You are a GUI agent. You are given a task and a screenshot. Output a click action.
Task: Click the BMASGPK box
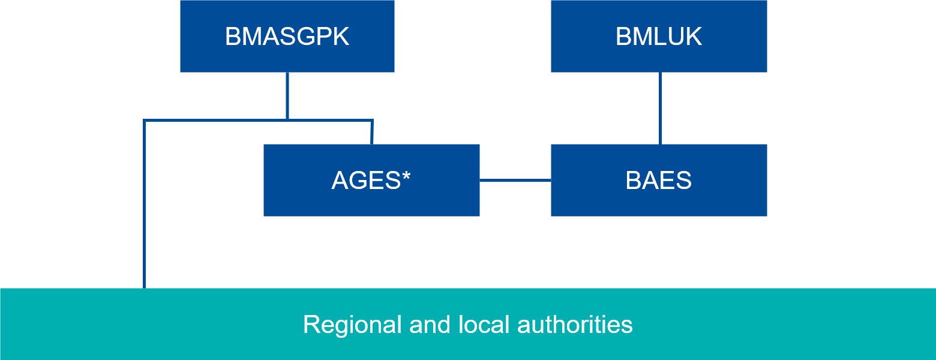(287, 36)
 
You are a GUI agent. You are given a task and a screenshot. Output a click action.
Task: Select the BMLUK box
(658, 36)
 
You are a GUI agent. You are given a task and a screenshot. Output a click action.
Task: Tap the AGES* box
(371, 180)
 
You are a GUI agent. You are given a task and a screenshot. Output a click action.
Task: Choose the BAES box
(658, 180)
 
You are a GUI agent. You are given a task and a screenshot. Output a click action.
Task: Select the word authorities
(574, 325)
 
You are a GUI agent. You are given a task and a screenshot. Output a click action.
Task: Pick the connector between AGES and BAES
(515, 180)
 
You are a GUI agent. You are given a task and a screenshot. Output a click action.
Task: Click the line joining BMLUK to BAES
(660, 108)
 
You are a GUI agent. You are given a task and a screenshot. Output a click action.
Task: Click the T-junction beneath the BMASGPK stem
(287, 121)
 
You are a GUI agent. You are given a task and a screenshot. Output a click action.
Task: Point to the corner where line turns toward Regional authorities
(145, 121)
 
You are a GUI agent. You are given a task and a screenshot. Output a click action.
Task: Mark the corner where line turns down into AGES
(372, 121)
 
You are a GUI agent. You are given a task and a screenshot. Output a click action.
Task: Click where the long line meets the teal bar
(145, 287)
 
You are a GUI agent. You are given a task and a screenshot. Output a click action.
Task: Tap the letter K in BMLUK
(694, 37)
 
